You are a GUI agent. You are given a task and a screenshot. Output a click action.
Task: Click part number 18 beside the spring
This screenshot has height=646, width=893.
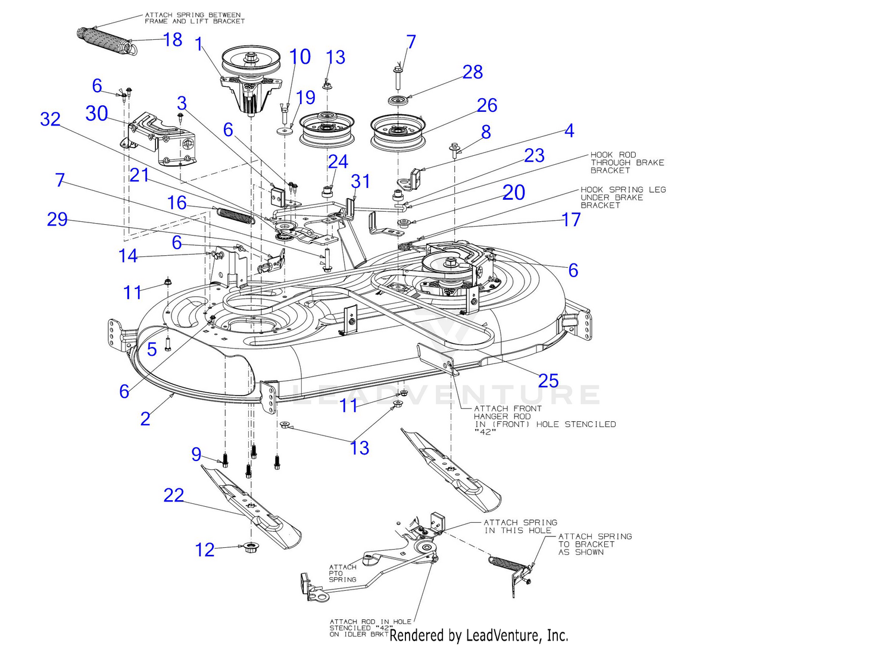click(x=173, y=39)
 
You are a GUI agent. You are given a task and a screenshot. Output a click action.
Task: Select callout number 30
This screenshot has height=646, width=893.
click(x=96, y=113)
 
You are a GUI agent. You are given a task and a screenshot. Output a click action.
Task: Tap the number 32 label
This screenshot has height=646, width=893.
click(x=50, y=119)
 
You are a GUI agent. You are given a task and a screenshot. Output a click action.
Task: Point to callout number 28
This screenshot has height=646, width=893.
click(x=473, y=72)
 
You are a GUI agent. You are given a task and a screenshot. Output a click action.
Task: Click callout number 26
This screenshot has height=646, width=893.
click(x=487, y=105)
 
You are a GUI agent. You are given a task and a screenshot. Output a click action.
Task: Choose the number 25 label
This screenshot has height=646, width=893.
click(x=548, y=381)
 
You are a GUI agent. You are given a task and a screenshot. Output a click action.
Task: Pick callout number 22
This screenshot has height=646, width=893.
click(x=174, y=495)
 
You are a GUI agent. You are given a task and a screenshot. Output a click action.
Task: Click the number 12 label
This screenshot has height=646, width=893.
click(x=205, y=550)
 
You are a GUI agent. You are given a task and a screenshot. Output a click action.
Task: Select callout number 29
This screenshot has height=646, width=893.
click(x=57, y=219)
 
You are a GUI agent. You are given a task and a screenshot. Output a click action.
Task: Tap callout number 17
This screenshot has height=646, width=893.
click(x=571, y=219)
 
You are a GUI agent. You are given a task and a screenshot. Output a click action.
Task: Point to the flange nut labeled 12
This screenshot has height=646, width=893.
click(x=250, y=548)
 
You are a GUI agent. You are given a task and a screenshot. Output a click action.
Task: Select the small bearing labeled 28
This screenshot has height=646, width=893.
click(x=398, y=100)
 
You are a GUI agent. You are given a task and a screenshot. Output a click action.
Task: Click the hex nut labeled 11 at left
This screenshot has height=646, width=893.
click(x=168, y=283)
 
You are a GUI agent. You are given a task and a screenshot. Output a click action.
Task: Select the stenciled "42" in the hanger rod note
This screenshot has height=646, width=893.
click(x=485, y=432)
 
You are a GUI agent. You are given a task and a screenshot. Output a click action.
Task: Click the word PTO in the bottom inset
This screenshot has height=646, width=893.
click(x=336, y=573)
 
